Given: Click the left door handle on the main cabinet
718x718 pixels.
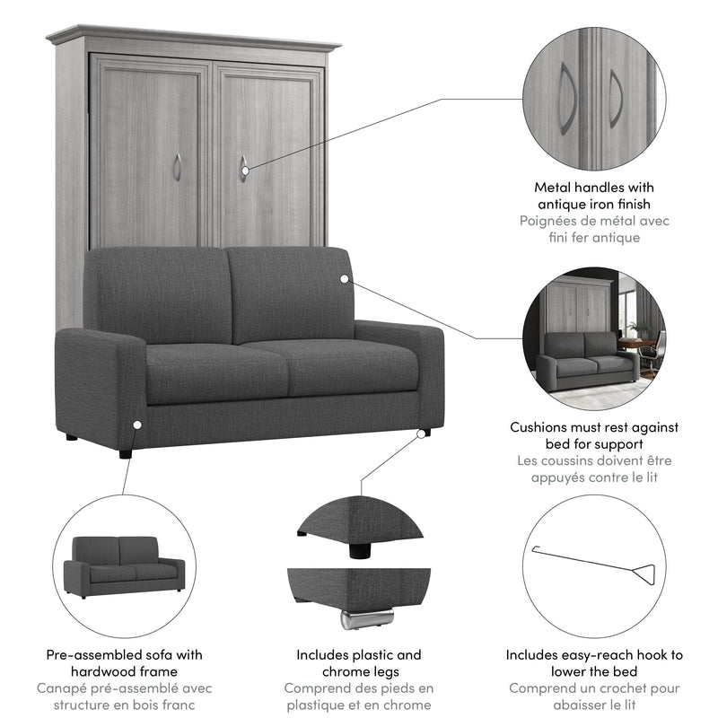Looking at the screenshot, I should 177,166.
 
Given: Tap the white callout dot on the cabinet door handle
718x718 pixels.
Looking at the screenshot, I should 243,167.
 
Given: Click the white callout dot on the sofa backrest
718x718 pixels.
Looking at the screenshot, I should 344,279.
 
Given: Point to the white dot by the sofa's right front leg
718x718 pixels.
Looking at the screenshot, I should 420,433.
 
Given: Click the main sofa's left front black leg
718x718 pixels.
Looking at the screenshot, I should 122,451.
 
